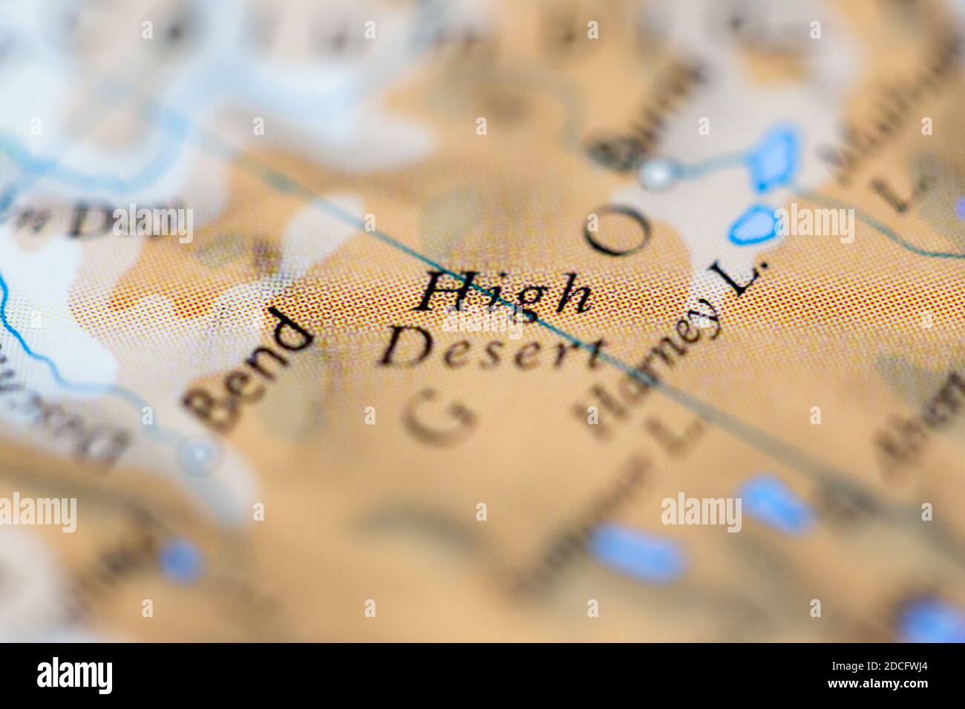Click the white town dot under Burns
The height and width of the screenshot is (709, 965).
coord(656,175)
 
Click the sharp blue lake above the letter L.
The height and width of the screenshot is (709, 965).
coord(753,222)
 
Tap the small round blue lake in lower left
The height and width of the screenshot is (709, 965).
coord(180,558)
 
